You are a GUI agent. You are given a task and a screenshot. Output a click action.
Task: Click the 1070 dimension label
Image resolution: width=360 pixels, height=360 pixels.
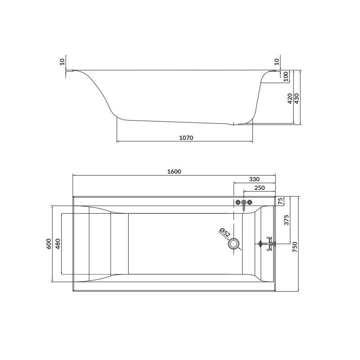185,138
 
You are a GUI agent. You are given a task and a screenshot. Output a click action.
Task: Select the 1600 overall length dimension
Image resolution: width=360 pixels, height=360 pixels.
174,171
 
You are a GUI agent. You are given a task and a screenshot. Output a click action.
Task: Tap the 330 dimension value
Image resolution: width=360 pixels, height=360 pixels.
254,179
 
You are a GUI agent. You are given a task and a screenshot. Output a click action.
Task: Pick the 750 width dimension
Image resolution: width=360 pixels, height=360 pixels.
295,247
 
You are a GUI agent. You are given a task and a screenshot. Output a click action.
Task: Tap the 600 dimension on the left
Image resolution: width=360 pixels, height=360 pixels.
48,243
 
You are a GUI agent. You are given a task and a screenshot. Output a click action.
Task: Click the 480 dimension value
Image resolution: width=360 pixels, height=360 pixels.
58,243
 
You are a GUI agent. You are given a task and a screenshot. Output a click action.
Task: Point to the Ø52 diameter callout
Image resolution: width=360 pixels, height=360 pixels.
225,233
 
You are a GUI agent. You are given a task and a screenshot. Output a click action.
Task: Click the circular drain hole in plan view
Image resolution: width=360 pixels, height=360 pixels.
234,244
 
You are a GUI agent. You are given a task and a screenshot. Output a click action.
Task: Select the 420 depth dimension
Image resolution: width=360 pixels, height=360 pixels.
290,98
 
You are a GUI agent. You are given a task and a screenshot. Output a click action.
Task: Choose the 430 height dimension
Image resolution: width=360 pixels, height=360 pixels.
297,98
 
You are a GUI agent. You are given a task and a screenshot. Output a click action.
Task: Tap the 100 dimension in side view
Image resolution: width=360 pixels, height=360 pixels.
286,76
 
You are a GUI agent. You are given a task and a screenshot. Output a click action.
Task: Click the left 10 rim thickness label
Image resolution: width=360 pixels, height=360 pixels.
62,62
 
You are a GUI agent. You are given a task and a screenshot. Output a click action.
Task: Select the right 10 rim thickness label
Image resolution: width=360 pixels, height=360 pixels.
277,62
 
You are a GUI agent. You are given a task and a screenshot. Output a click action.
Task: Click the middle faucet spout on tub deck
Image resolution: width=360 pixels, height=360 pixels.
244,204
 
